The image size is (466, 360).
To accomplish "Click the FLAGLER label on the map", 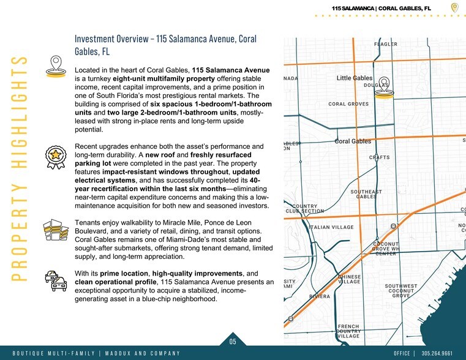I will click(386, 44).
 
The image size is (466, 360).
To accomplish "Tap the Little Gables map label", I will click(354, 78).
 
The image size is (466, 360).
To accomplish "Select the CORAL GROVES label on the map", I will click(348, 104).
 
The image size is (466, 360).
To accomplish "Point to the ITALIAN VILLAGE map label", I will click(332, 227).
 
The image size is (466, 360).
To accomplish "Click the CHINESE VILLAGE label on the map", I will click(349, 279).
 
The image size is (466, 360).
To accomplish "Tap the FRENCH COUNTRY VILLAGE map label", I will click(348, 331).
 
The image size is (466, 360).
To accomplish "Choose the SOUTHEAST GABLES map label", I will click(366, 194).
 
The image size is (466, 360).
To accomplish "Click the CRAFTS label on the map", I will click(379, 157).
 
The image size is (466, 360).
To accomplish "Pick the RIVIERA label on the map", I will click(318, 296).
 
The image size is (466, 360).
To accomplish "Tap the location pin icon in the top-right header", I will click(454, 7).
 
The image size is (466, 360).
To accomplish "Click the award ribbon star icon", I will click(56, 157).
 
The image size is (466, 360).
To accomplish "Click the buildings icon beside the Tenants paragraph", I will click(56, 231).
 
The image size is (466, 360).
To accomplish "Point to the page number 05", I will click(233, 342).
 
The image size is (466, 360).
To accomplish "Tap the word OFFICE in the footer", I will click(402, 354).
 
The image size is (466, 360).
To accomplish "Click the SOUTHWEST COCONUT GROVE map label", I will click(401, 291).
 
